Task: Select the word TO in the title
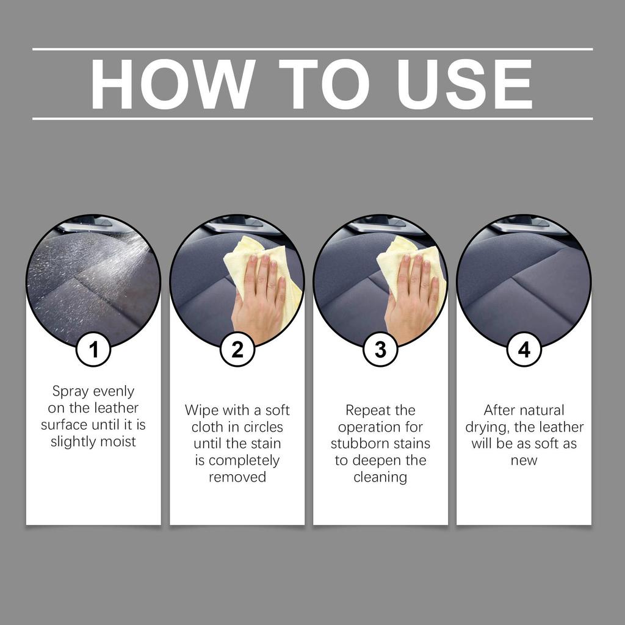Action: [x=323, y=84]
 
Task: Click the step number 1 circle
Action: [x=93, y=350]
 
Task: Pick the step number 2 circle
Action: [x=237, y=350]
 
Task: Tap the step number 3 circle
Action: [x=380, y=350]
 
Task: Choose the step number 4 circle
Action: [x=524, y=350]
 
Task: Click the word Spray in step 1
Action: [x=71, y=391]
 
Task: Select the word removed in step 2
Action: [x=237, y=477]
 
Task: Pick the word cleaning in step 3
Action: [x=380, y=477]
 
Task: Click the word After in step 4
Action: [x=499, y=410]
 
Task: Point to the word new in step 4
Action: [x=524, y=460]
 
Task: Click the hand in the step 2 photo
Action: [x=259, y=299]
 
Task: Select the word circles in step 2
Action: [x=261, y=427]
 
